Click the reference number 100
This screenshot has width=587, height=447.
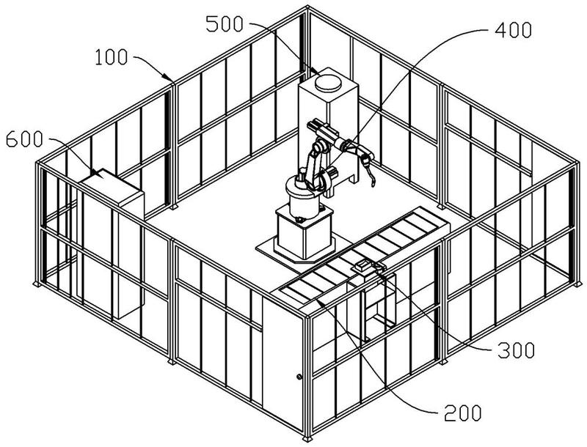112,58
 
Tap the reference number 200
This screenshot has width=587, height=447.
462,413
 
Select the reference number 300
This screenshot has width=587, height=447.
516,350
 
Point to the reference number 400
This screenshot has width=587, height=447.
513,30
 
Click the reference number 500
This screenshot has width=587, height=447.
225,24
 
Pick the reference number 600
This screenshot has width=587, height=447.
25,139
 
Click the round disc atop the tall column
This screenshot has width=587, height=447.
328,83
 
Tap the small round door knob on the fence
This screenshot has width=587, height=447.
299,377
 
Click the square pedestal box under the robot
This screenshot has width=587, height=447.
305,234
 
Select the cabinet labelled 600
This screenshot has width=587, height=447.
112,243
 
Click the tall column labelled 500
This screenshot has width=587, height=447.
329,131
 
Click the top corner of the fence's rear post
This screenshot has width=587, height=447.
307,7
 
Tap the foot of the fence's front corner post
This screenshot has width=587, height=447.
307,439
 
